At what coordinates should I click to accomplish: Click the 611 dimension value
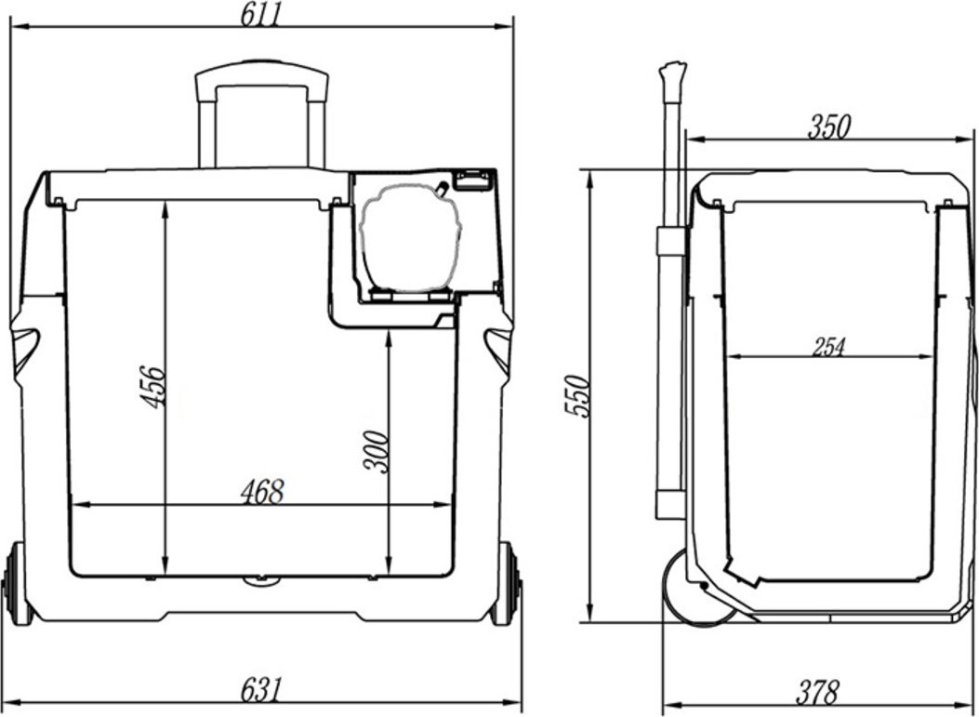tap(261, 14)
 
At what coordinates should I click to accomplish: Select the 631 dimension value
tap(261, 689)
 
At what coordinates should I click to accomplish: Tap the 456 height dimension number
tap(153, 387)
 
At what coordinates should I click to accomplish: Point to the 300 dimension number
tap(377, 452)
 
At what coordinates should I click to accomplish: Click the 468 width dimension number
tap(262, 492)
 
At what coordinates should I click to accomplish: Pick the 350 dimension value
tap(829, 126)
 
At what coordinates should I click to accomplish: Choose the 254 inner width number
tap(827, 347)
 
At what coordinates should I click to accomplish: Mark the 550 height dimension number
tap(576, 395)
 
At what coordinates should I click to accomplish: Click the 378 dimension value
tap(816, 693)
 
